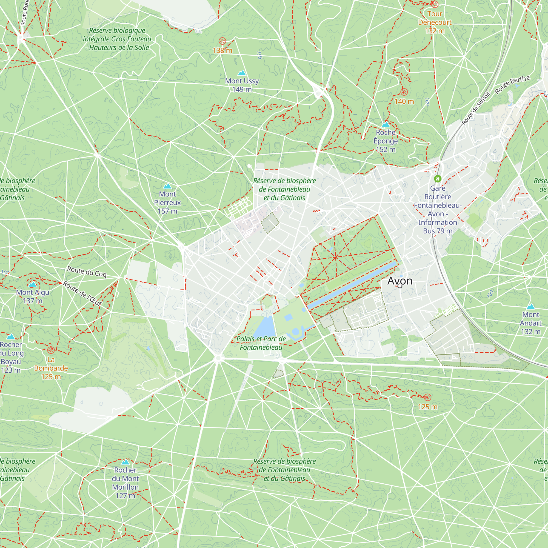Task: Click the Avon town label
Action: pyautogui.click(x=400, y=281)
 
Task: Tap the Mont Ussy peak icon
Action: pyautogui.click(x=242, y=73)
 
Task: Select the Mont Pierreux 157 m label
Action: pyautogui.click(x=167, y=202)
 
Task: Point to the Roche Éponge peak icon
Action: pyautogui.click(x=386, y=124)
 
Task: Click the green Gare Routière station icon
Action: pyautogui.click(x=438, y=179)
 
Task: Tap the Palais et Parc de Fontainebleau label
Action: pyautogui.click(x=261, y=343)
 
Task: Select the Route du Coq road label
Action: pyautogui.click(x=87, y=272)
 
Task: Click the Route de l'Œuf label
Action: pyautogui.click(x=82, y=293)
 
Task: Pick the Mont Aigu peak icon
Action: pyautogui.click(x=33, y=284)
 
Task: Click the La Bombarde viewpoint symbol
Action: pyautogui.click(x=51, y=350)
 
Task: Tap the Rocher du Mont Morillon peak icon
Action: pyautogui.click(x=125, y=462)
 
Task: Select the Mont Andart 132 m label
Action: pyautogui.click(x=530, y=323)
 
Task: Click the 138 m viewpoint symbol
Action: pyautogui.click(x=222, y=41)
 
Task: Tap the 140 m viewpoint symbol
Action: pyautogui.click(x=404, y=92)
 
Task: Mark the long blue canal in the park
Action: pyautogui.click(x=352, y=285)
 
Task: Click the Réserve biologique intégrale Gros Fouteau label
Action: pyautogui.click(x=117, y=39)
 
